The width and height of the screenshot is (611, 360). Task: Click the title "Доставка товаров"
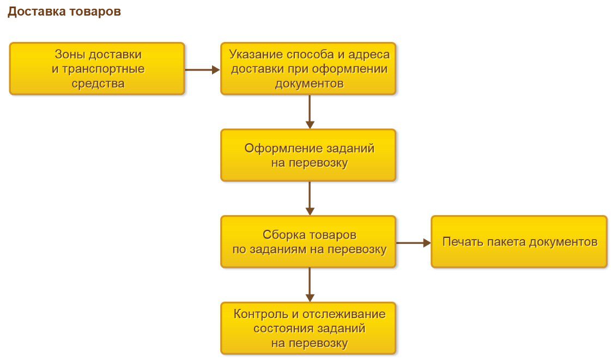(x=64, y=12)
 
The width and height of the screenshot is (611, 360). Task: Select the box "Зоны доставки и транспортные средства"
(x=97, y=69)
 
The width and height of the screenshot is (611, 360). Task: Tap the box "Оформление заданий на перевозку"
(x=308, y=155)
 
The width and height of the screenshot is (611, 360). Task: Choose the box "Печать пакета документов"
(x=519, y=242)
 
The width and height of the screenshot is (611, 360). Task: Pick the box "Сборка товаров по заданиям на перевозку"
(x=308, y=242)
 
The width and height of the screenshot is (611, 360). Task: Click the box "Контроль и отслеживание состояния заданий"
(x=308, y=328)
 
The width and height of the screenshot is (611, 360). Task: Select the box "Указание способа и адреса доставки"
(x=308, y=69)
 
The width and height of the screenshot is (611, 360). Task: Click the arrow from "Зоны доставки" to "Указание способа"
(x=202, y=69)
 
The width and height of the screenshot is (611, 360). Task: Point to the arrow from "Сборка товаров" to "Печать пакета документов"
(x=413, y=243)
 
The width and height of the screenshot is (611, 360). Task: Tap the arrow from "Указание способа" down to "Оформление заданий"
(x=310, y=112)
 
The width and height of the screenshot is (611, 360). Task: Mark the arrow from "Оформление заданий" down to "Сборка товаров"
(x=310, y=198)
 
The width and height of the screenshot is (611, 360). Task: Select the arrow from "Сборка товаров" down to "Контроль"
(x=310, y=285)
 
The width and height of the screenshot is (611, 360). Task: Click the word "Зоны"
(x=69, y=54)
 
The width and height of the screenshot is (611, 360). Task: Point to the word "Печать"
(x=460, y=242)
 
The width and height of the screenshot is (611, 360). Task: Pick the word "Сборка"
(x=280, y=235)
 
